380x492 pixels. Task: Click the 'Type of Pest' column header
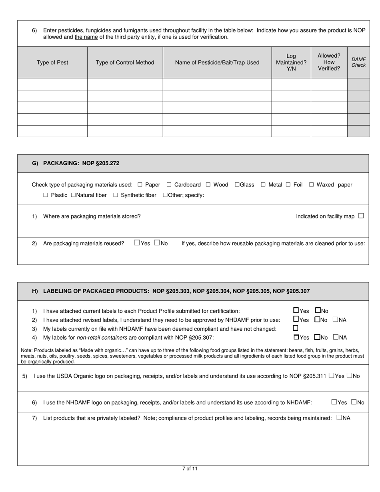point(52,62)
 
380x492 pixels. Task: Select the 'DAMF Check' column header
point(358,62)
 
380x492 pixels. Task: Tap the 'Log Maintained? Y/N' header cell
point(291,62)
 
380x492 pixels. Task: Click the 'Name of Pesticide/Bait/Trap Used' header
point(217,62)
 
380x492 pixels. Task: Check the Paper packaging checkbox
point(140,185)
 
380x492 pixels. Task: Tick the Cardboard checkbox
point(169,185)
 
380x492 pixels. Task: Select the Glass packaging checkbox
point(237,185)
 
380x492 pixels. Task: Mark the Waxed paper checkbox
point(312,185)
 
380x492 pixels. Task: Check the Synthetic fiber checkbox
point(116,195)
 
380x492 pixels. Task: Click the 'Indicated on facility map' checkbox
point(361,216)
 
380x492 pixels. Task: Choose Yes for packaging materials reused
point(137,243)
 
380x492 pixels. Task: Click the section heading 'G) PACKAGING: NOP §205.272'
point(76,163)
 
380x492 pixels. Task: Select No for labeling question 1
point(318,310)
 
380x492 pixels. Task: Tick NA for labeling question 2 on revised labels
point(335,320)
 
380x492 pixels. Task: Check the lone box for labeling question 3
point(296,328)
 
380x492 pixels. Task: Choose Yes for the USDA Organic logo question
point(331,376)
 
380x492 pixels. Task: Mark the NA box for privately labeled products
point(339,418)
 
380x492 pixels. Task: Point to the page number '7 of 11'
point(190,469)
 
